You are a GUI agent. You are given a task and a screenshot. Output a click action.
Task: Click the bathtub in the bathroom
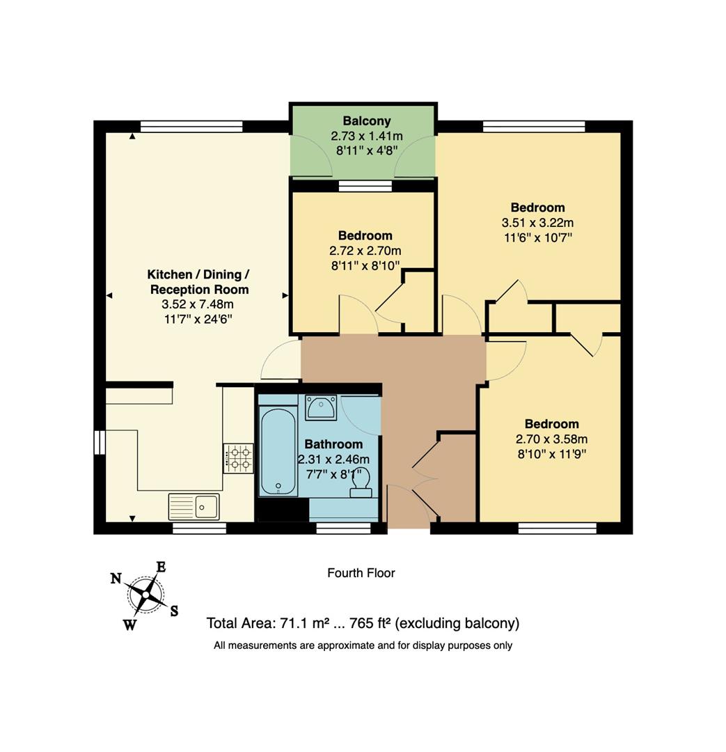pos(278,451)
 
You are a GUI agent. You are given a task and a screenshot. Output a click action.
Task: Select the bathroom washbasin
pos(321,407)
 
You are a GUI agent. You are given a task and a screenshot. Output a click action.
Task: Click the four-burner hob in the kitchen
pos(238,458)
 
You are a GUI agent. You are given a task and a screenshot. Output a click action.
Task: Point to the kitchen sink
pos(194,506)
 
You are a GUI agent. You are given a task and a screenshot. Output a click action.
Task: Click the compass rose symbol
pos(145,594)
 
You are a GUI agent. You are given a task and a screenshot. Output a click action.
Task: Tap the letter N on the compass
pos(116,578)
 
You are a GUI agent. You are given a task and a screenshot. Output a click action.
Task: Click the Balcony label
pos(367,121)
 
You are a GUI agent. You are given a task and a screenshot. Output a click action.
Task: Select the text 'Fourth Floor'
pos(361,573)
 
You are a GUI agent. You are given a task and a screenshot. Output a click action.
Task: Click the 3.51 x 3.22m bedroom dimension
pos(537,223)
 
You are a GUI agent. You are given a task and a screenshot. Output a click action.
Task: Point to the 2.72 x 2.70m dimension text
pos(365,251)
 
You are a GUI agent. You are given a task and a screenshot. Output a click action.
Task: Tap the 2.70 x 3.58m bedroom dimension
pos(551,439)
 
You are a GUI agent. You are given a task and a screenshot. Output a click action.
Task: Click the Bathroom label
pos(333,444)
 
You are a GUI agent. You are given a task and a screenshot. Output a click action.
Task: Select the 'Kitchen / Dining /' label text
pos(198,274)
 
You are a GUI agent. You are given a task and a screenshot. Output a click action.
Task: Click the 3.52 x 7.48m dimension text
pos(198,304)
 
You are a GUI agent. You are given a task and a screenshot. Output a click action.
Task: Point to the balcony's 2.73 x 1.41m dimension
pos(367,136)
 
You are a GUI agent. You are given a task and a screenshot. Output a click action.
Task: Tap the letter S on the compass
pos(174,611)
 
